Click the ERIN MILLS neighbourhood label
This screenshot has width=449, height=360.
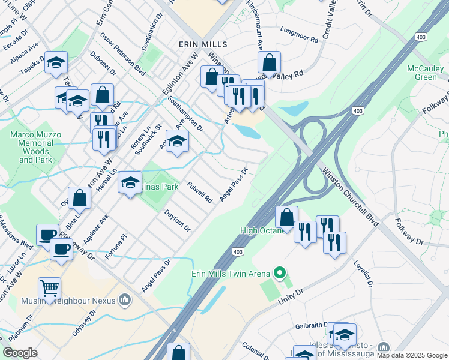tap(203, 45)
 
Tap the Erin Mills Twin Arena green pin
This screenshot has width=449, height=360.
tap(279, 274)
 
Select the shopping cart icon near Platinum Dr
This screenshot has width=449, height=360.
tap(49, 288)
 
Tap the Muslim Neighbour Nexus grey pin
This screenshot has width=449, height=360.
tap(125, 299)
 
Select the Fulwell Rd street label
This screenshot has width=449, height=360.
tap(199, 191)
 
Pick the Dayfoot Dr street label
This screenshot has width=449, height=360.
tap(177, 220)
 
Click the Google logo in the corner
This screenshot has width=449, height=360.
tap(20, 353)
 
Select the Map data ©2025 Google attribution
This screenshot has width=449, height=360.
tap(412, 356)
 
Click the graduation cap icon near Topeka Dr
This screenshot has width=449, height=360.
tap(56, 62)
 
